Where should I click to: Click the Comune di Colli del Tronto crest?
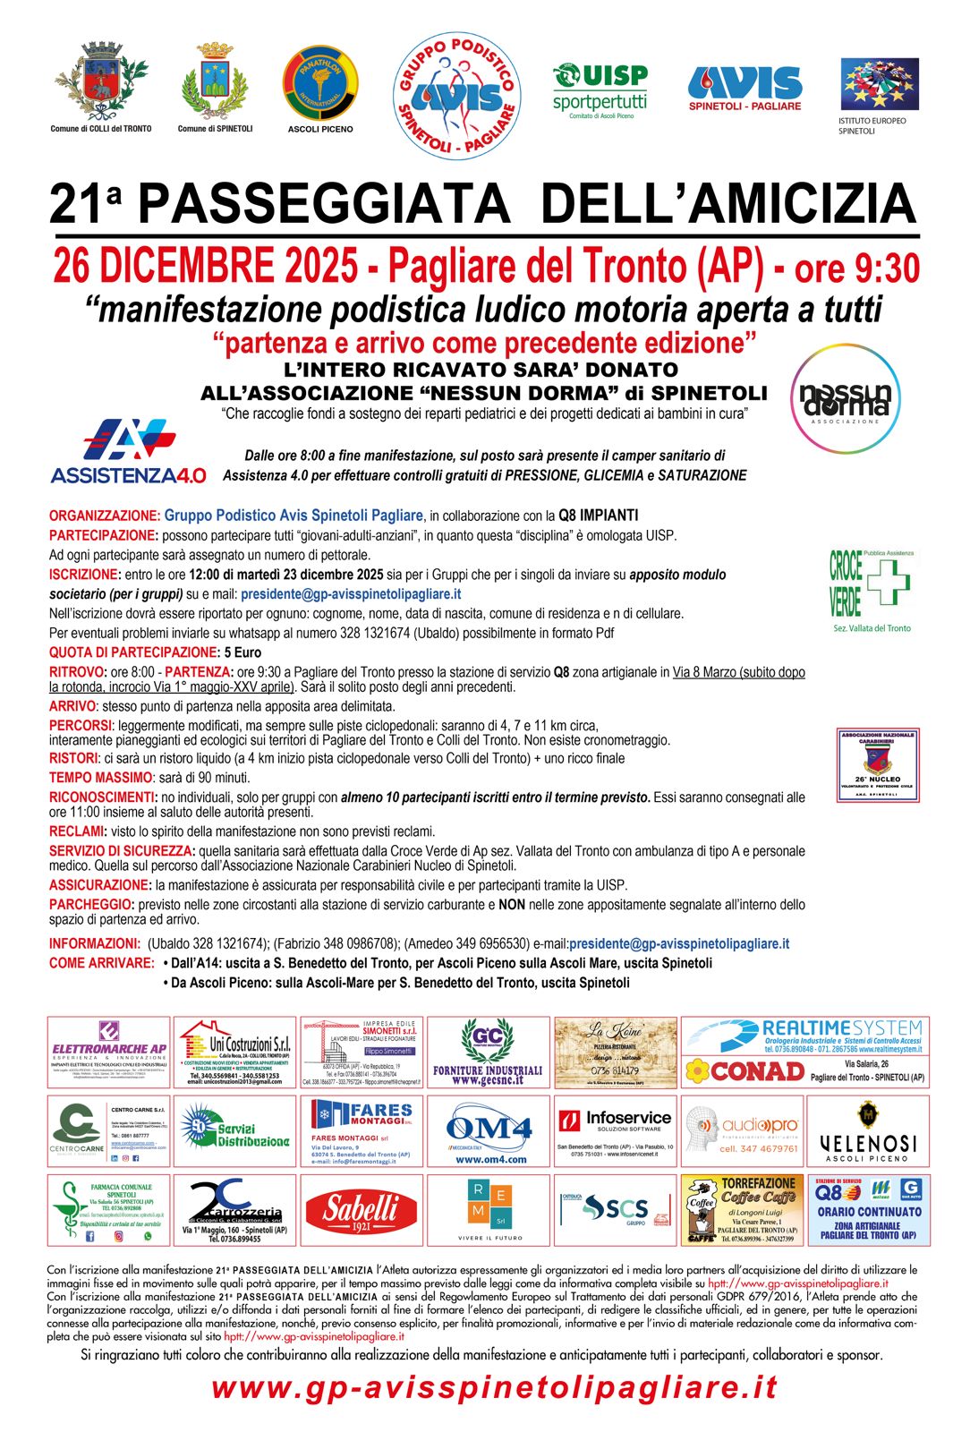[100, 81]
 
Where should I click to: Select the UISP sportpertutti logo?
[600, 89]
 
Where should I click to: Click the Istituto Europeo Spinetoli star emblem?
[879, 84]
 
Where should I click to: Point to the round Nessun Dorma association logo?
[845, 398]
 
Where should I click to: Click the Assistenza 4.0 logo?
[128, 451]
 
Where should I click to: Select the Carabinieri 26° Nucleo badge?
[877, 764]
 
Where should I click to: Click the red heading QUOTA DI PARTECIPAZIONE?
[133, 652]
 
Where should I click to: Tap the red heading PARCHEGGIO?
[90, 905]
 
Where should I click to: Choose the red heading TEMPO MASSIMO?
[100, 778]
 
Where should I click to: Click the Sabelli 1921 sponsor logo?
[362, 1210]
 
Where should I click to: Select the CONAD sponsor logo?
[745, 1070]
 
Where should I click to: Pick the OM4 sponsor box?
[489, 1131]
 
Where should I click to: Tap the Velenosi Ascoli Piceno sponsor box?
[868, 1131]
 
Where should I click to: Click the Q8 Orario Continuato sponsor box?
[868, 1210]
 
